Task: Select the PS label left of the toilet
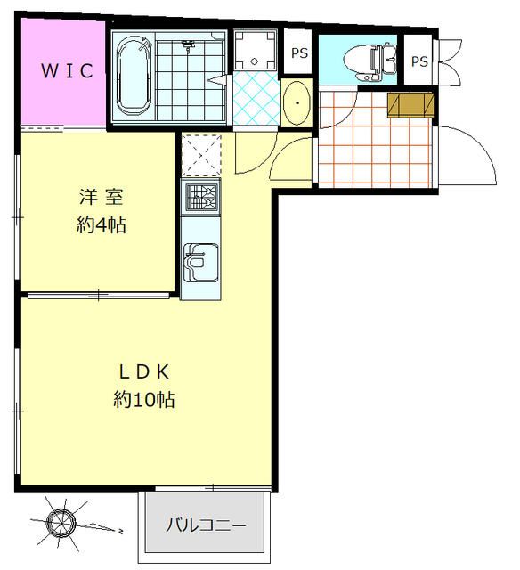(x=299, y=53)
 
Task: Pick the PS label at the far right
(x=419, y=61)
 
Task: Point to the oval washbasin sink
(x=295, y=105)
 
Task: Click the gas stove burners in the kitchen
(x=200, y=197)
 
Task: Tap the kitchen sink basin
(x=199, y=260)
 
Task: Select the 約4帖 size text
(x=101, y=225)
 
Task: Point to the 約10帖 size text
(x=143, y=400)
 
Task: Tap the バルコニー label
(x=206, y=525)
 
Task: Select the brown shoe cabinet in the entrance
(x=411, y=104)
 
